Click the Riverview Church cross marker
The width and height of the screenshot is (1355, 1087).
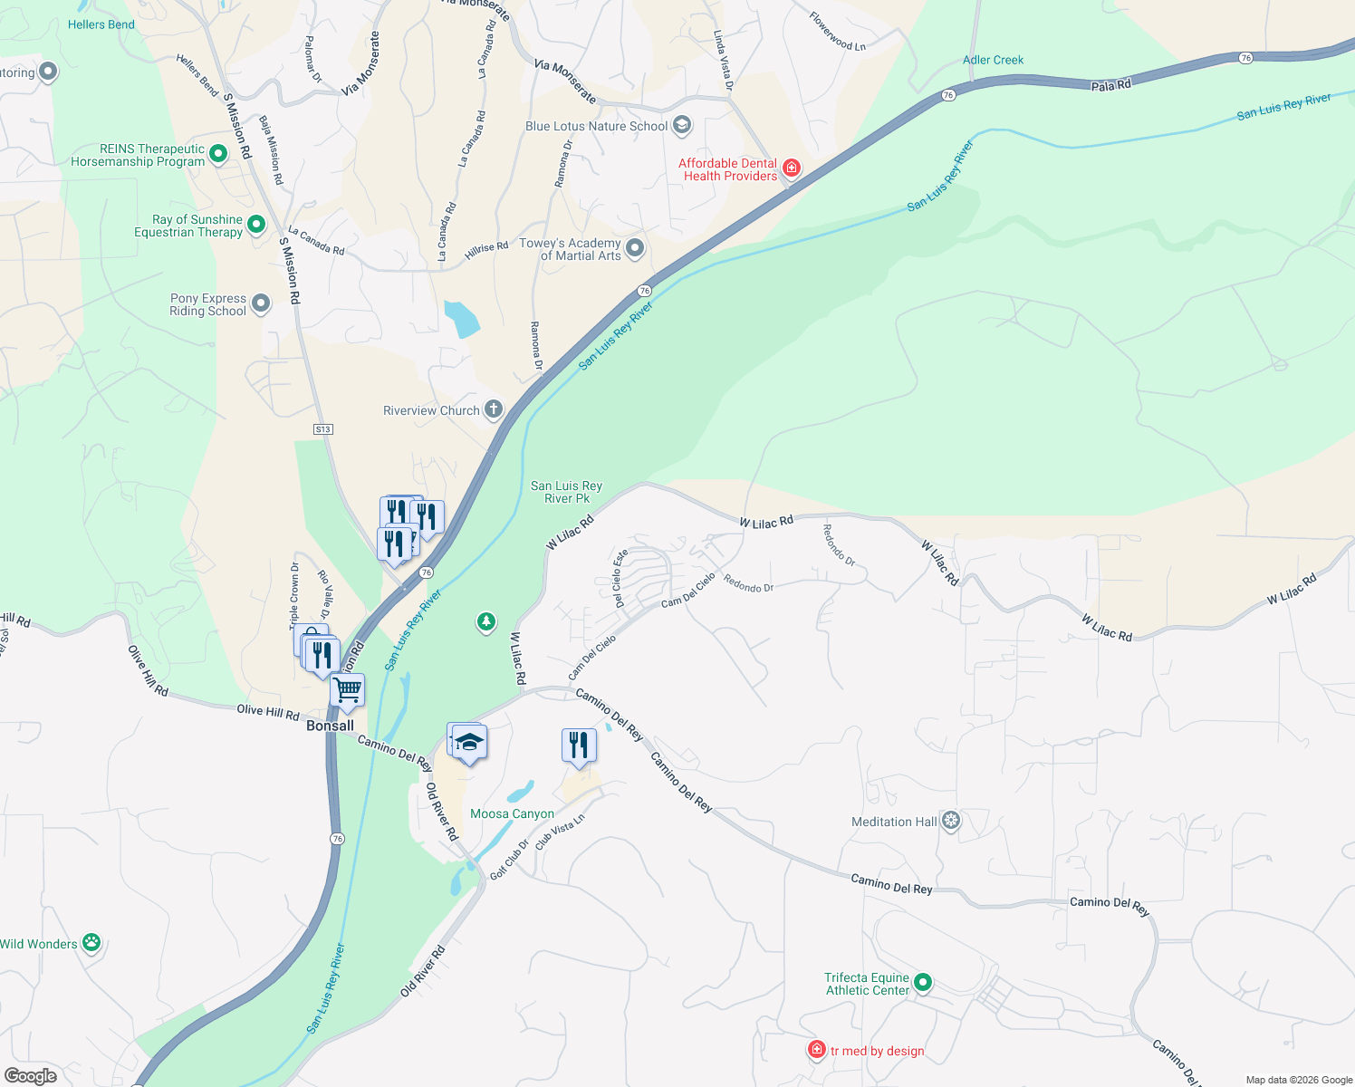[x=493, y=409]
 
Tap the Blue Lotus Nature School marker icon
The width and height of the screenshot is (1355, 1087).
[x=682, y=125]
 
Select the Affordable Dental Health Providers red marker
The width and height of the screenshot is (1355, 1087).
[x=791, y=168]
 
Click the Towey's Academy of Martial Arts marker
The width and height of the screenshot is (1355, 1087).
[x=635, y=247]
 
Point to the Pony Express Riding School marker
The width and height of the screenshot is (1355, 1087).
[x=261, y=303]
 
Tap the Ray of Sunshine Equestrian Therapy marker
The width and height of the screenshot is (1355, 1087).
[x=256, y=224]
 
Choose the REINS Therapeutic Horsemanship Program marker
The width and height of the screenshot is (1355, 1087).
[x=218, y=154]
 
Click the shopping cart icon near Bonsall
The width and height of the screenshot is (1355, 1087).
[x=348, y=690]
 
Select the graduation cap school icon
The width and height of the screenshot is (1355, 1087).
[x=469, y=742]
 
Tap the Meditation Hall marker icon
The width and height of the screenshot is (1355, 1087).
[x=950, y=821]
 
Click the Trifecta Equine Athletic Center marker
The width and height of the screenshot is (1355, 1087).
[x=923, y=982]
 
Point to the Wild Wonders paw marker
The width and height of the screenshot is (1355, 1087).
[x=91, y=942]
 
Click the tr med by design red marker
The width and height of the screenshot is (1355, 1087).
[x=816, y=1049]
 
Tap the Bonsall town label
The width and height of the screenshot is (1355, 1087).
[x=330, y=726]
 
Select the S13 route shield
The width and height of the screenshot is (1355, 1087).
[x=323, y=428]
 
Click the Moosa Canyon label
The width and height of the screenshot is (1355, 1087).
[x=512, y=813]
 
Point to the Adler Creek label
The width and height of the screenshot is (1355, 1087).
[x=993, y=60]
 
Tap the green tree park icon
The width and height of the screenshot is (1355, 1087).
[x=486, y=621]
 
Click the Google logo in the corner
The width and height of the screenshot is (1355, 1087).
[x=31, y=1075]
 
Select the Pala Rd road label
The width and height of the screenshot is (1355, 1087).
[x=1110, y=85]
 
